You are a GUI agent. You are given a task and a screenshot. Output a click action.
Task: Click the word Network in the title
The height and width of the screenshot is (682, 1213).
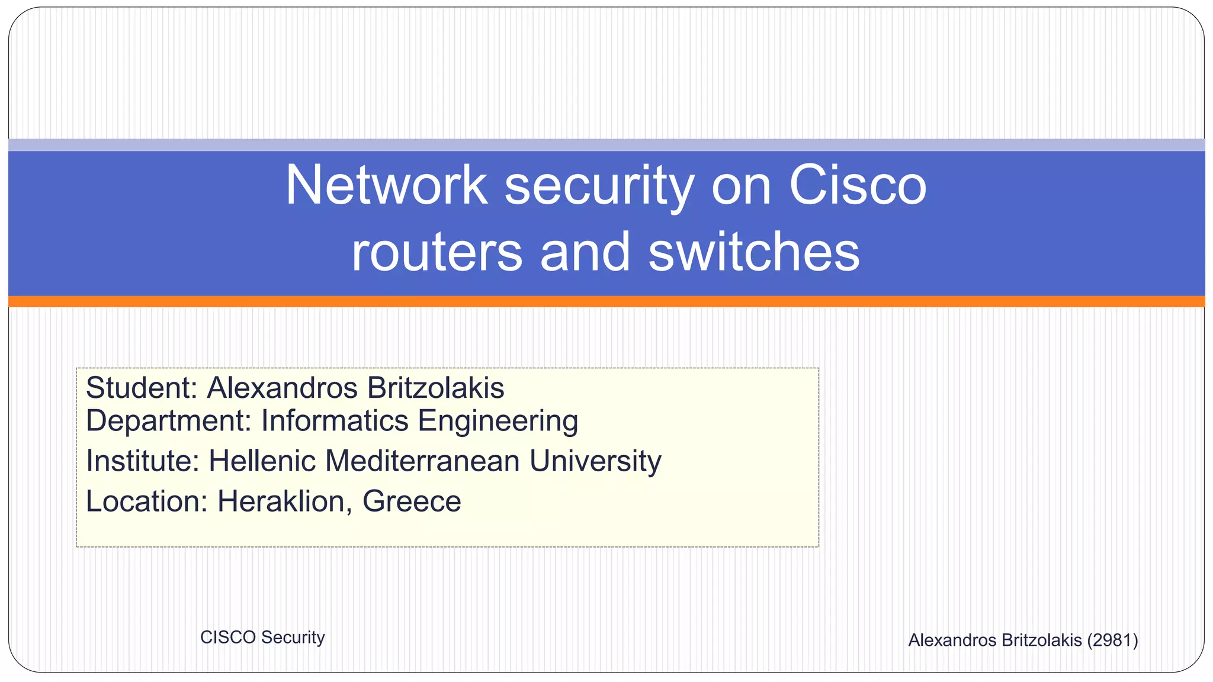point(386,185)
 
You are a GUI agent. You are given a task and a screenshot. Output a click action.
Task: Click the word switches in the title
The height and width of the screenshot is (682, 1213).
point(753,251)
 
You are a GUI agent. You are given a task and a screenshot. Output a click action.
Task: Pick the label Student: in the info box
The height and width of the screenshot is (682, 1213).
point(141,388)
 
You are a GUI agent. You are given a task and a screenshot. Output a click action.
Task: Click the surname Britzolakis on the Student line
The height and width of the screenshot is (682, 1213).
point(435,388)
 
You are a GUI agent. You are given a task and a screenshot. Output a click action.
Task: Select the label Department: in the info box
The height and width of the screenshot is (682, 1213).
point(169,422)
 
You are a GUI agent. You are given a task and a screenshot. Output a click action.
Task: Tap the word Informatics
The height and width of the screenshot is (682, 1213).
point(335,421)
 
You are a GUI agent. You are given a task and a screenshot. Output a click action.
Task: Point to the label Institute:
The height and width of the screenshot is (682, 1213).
point(143,461)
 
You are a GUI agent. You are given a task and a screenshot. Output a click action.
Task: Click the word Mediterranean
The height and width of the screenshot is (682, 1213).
point(422,461)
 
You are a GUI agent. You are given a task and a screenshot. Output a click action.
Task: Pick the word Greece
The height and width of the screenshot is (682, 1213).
point(411,501)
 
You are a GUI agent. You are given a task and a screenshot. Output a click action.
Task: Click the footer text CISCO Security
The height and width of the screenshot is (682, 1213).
point(262,638)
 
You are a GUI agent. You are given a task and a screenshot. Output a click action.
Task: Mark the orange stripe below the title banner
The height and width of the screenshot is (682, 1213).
point(606,301)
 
